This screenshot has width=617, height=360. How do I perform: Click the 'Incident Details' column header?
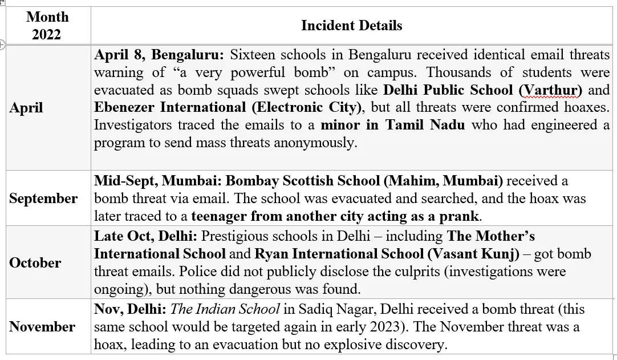pyautogui.click(x=351, y=26)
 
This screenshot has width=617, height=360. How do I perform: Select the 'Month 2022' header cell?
pyautogui.click(x=47, y=26)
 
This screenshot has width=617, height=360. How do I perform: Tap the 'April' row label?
pyautogui.click(x=26, y=108)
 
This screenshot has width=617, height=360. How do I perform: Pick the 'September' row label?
pyautogui.click(x=43, y=199)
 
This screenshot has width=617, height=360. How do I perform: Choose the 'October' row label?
pyautogui.click(x=35, y=263)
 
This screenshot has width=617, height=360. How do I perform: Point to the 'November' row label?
pyautogui.click(x=42, y=327)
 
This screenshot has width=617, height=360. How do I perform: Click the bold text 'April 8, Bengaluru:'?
pyautogui.click(x=159, y=55)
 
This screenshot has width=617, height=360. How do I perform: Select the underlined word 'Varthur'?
pyautogui.click(x=550, y=90)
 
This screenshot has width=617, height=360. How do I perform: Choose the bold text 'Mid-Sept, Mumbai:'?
pyautogui.click(x=158, y=181)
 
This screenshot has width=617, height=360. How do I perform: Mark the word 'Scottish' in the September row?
pyautogui.click(x=308, y=181)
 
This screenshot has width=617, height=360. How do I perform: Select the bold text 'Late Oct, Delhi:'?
pyautogui.click(x=145, y=236)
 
